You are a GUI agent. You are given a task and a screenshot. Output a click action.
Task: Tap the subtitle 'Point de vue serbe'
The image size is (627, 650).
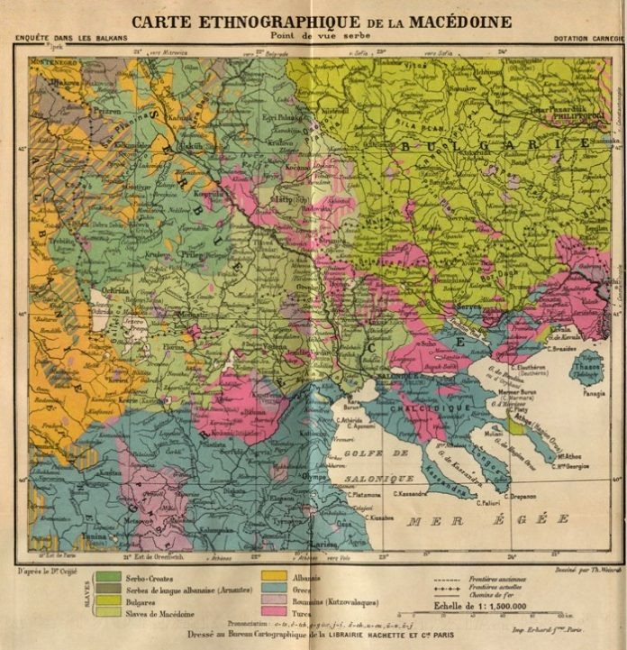click(x=313, y=36)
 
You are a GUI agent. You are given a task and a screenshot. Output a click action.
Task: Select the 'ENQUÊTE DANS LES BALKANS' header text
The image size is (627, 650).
click(x=71, y=38)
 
